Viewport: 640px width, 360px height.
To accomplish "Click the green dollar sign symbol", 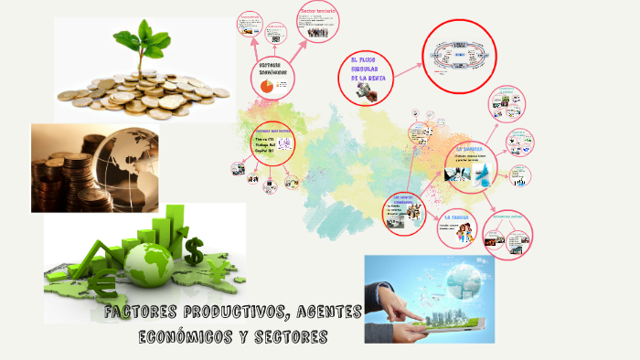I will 196,249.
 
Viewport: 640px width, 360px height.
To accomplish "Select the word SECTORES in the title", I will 291,336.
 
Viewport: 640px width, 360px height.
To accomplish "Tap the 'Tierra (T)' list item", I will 264,139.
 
